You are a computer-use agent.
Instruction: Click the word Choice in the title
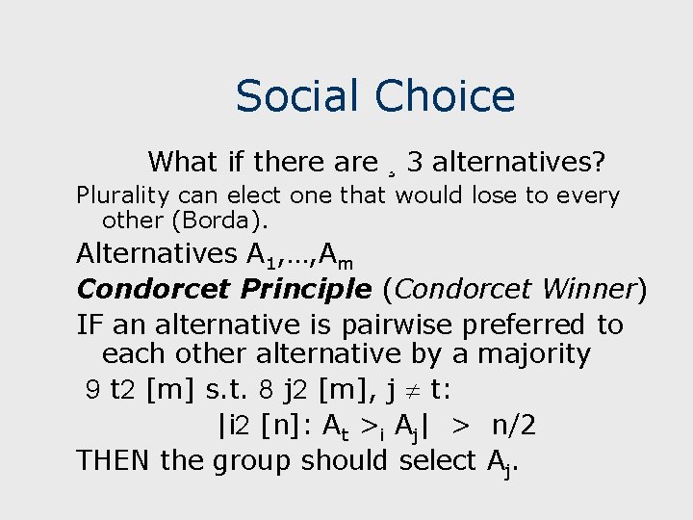click(x=446, y=96)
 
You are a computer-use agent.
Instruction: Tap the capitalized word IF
click(x=89, y=325)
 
